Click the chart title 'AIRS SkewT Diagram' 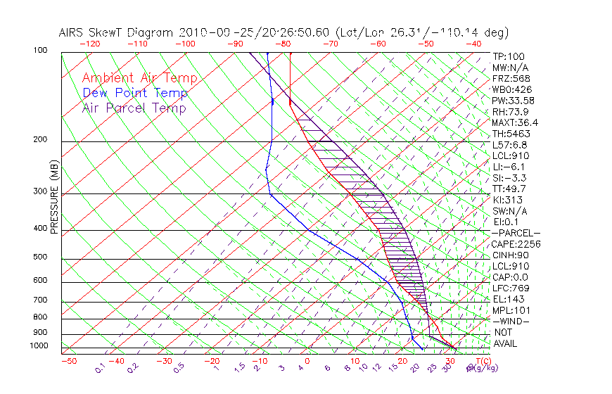pos(117,33)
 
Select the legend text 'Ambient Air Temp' pos(139,78)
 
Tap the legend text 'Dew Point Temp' pos(135,93)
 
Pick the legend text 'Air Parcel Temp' pos(134,108)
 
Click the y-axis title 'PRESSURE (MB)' pos(54,196)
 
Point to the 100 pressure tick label pos(40,51)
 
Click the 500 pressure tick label pos(40,258)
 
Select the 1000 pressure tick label pos(38,345)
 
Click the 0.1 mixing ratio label pos(101,367)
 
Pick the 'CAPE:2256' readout pos(516,244)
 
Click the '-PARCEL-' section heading pos(516,233)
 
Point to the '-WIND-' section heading pos(511,322)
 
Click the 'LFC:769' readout pos(511,288)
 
